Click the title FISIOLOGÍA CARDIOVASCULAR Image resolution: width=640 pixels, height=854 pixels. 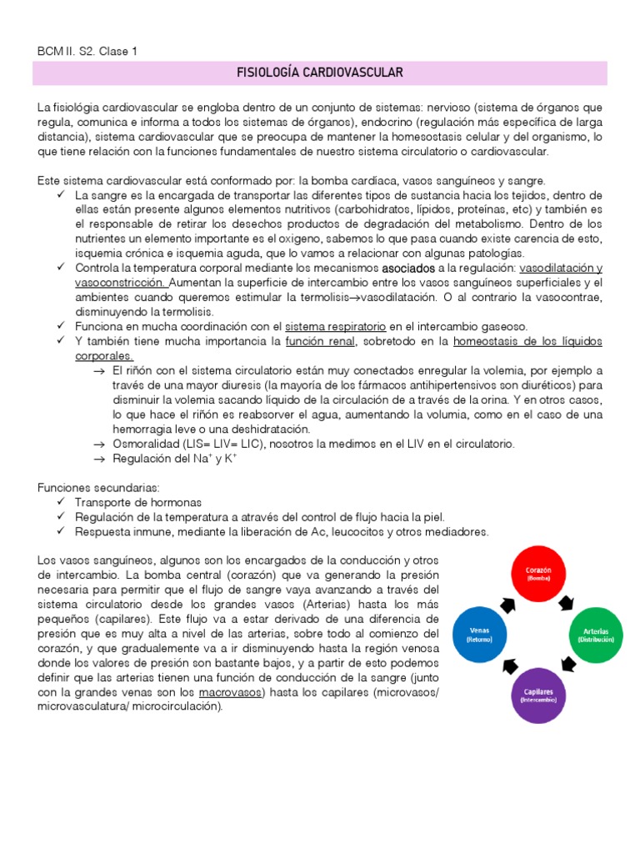(x=320, y=73)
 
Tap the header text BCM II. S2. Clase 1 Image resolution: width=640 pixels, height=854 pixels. (x=86, y=51)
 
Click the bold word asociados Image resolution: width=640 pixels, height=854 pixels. (x=407, y=268)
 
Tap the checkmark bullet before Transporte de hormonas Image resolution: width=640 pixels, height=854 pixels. (x=63, y=502)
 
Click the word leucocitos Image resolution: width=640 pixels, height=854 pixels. (x=342, y=532)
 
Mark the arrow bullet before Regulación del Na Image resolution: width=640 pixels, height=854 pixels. (x=99, y=460)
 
